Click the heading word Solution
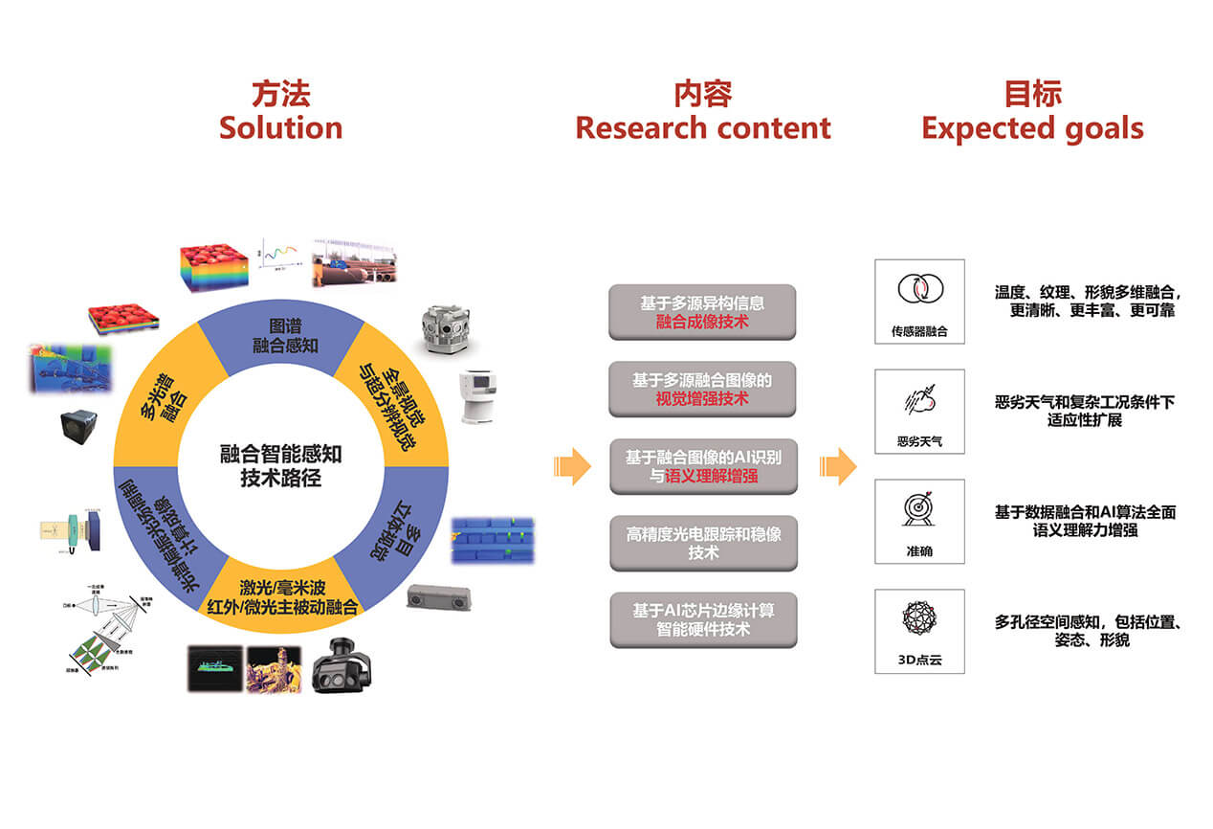(280, 127)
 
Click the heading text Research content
(703, 127)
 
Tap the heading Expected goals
(1032, 127)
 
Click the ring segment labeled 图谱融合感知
(279, 335)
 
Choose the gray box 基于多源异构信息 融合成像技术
(702, 312)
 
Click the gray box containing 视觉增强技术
(702, 389)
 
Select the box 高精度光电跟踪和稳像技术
(702, 543)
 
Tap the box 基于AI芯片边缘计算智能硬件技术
(702, 619)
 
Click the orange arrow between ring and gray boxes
(572, 466)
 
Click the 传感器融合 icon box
(919, 301)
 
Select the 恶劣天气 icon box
(919, 411)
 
